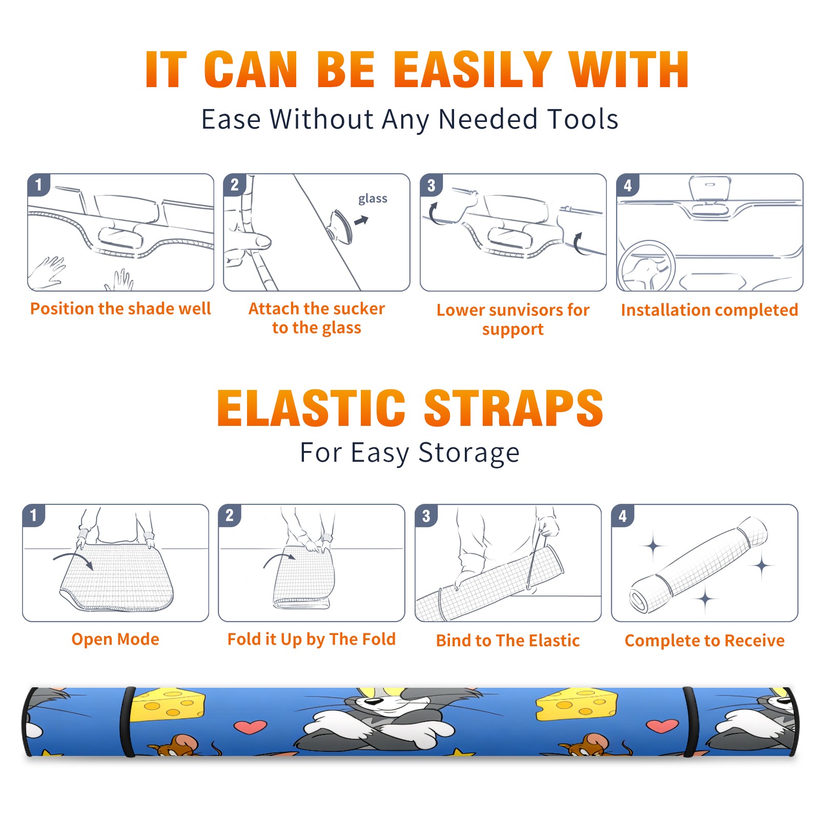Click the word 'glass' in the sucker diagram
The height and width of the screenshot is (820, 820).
[373, 199]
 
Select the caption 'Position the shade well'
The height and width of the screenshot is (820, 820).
[120, 309]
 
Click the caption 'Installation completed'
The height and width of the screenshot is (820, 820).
[709, 310]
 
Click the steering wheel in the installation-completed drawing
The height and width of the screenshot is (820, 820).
[646, 265]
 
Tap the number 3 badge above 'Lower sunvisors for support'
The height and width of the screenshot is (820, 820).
[431, 185]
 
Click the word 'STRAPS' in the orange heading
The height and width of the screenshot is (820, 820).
[514, 408]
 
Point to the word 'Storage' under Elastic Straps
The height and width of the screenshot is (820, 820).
[469, 453]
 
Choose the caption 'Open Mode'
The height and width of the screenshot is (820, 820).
[115, 639]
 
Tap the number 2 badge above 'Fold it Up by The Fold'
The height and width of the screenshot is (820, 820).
[229, 515]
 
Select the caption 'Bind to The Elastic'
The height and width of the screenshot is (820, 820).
[508, 640]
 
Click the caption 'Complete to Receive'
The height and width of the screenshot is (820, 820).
[705, 640]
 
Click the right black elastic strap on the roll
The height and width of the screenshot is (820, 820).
[689, 721]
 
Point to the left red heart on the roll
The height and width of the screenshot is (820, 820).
[250, 727]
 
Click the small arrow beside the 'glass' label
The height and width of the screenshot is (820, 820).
[361, 220]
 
